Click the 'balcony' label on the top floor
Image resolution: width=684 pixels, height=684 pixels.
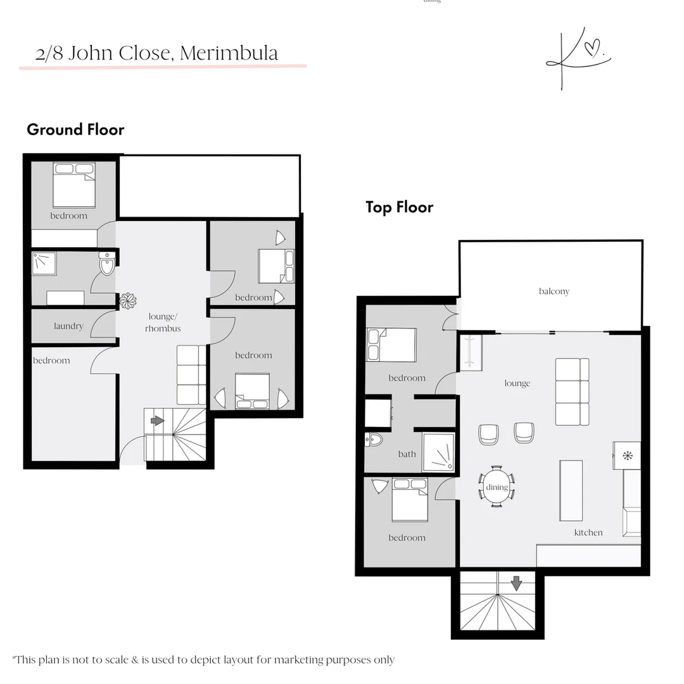[x=554, y=291]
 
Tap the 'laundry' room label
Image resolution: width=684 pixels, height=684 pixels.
[x=68, y=326]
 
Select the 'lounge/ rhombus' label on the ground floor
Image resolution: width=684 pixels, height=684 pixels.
[x=163, y=322]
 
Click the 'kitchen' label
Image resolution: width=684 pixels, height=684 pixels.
[x=588, y=533]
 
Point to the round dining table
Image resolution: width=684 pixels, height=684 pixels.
[x=497, y=487]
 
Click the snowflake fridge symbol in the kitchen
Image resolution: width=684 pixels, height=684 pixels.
[x=628, y=455]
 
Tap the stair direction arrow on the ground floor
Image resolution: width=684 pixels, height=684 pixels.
[x=157, y=421]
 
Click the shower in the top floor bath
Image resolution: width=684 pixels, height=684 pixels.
[x=438, y=452]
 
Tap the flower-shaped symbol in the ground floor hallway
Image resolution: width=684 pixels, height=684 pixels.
[x=128, y=301]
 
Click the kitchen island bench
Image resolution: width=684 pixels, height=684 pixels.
[x=571, y=490]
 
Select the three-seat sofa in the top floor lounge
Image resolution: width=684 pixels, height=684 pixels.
[x=573, y=391]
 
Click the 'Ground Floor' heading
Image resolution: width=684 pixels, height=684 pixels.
[x=75, y=130]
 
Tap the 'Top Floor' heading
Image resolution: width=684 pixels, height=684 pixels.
[x=399, y=207]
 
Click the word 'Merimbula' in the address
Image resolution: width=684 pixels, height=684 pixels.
[x=229, y=53]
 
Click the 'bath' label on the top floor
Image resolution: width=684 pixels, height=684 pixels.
[x=407, y=453]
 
